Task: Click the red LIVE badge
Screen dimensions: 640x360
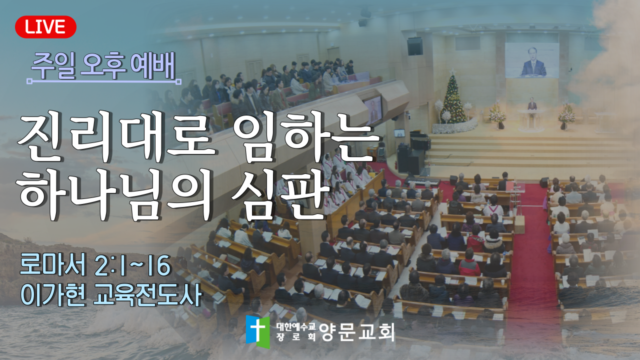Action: click(45, 27)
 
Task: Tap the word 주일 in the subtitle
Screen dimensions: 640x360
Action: click(53, 66)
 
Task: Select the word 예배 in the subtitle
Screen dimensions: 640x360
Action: click(152, 66)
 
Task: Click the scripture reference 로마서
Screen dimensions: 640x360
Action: click(53, 265)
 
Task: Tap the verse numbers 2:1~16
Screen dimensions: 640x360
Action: click(132, 265)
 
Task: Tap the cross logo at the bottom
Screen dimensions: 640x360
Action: click(257, 331)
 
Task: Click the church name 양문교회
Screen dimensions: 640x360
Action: click(357, 332)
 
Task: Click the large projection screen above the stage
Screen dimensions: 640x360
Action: click(532, 60)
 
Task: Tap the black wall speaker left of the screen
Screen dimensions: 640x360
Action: click(415, 46)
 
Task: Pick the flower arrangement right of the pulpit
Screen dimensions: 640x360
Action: click(566, 115)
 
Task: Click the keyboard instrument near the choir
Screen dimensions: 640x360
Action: click(422, 181)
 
